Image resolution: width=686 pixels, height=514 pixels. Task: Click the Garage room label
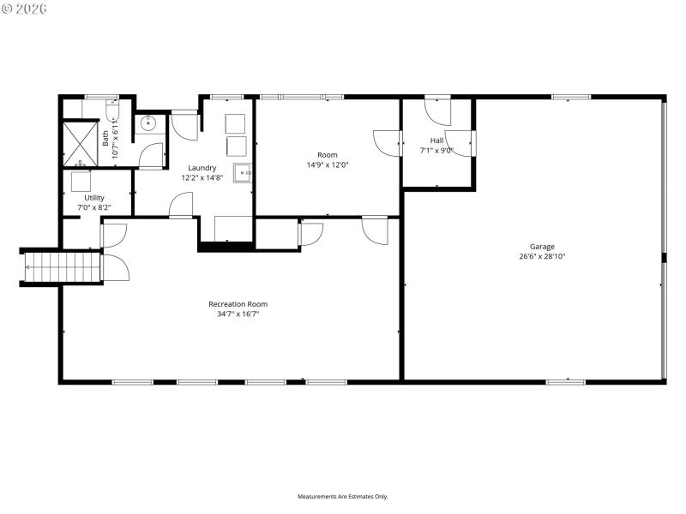pyautogui.click(x=541, y=247)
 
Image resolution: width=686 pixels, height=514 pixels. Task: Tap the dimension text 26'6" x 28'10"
pyautogui.click(x=541, y=256)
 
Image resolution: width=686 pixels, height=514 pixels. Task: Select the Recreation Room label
pyautogui.click(x=238, y=304)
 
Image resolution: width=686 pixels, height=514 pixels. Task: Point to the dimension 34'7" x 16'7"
pyautogui.click(x=238, y=314)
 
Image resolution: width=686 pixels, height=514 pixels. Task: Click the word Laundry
pyautogui.click(x=202, y=168)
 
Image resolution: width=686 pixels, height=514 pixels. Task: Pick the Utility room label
pyautogui.click(x=93, y=198)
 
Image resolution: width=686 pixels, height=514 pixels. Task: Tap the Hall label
pyautogui.click(x=436, y=140)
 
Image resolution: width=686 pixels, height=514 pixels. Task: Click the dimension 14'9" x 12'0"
pyautogui.click(x=328, y=164)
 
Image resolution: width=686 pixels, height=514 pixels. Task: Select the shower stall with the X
pyautogui.click(x=81, y=144)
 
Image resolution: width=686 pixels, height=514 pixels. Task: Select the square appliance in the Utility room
pyautogui.click(x=81, y=182)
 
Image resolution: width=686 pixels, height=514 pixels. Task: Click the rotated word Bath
pyautogui.click(x=105, y=137)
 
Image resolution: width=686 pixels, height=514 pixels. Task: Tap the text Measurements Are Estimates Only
pyautogui.click(x=342, y=496)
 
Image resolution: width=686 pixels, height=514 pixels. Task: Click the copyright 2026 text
pyautogui.click(x=25, y=9)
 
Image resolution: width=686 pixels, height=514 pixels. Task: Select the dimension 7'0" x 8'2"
pyautogui.click(x=93, y=208)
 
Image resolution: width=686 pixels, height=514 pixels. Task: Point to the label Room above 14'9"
pyautogui.click(x=328, y=155)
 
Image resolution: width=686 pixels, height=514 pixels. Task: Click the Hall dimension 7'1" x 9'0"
pyautogui.click(x=436, y=150)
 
